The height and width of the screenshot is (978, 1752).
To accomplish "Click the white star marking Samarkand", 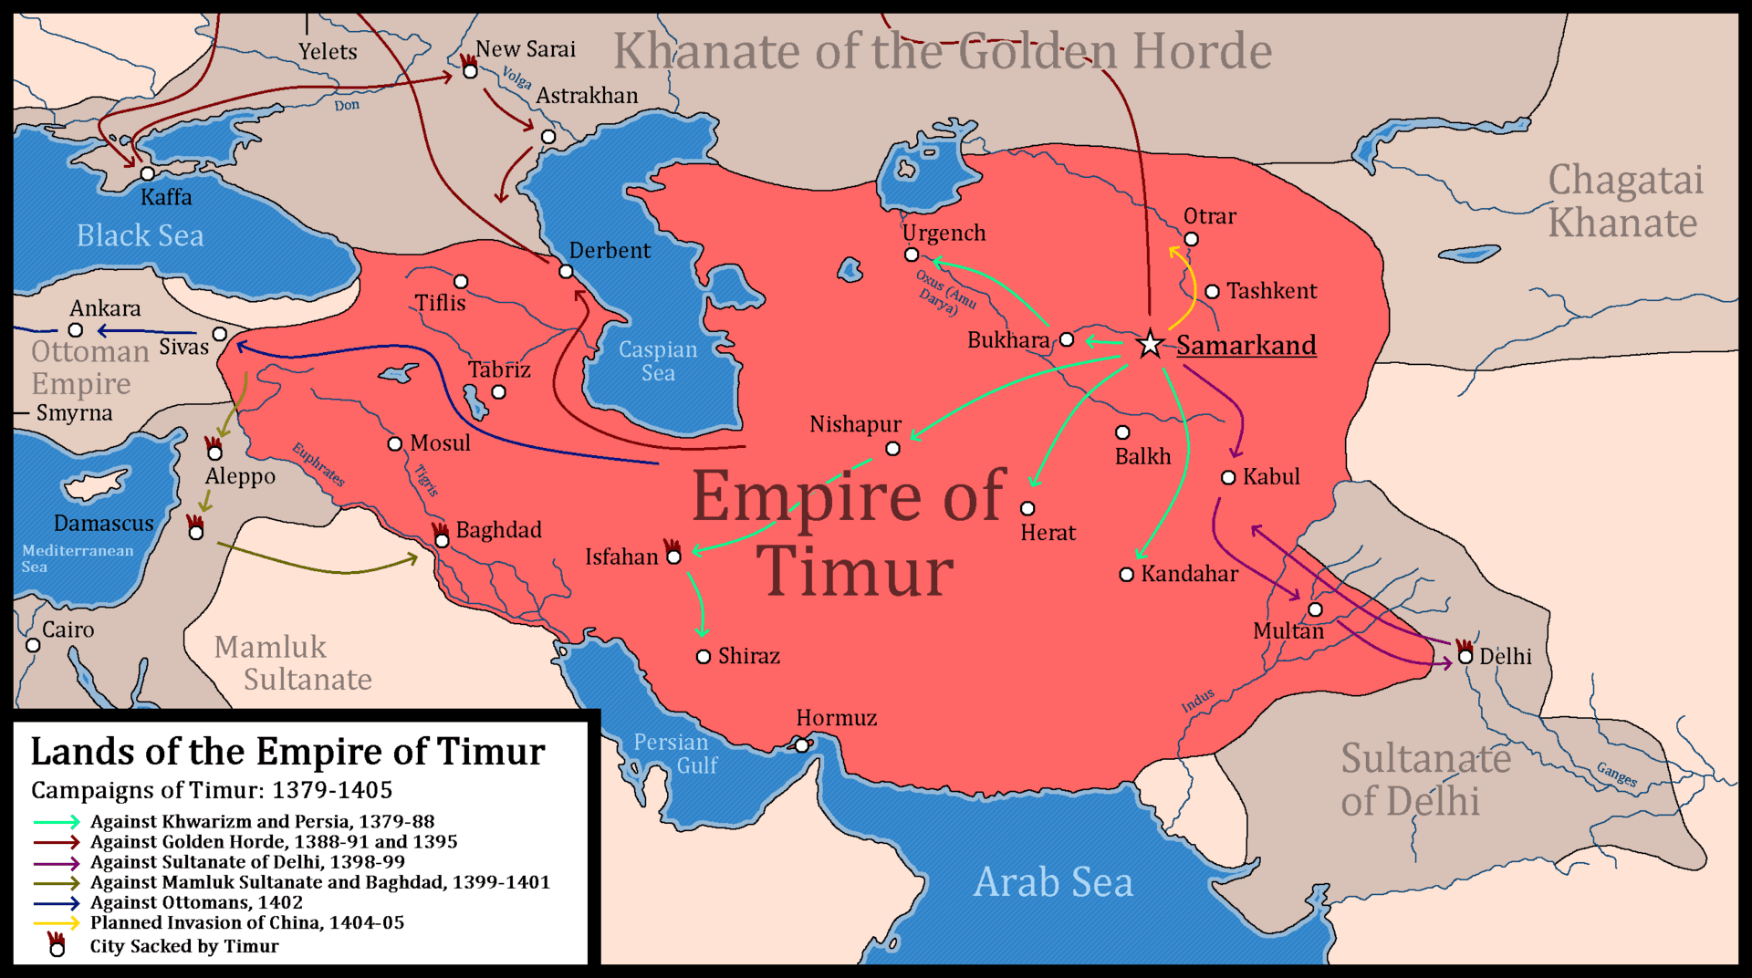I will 1150,344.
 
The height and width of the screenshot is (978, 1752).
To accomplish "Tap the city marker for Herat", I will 1027,508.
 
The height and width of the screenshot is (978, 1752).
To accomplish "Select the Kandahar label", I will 1189,574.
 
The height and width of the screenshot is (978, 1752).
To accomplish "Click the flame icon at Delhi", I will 1464,645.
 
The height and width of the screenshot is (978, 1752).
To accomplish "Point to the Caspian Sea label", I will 658,361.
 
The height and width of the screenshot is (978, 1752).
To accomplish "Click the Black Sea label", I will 140,235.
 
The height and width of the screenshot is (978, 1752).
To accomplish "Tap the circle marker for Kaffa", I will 147,173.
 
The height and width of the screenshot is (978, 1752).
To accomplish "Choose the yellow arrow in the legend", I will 57,922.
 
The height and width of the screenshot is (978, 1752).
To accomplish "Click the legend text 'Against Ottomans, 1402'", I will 196,902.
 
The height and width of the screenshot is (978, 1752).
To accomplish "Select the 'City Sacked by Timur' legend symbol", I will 57,945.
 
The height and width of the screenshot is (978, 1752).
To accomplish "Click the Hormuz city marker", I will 801,745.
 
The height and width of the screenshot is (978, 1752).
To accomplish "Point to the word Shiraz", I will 748,656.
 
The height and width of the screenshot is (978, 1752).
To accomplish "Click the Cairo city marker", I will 33,645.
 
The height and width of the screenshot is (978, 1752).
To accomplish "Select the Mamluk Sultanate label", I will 292,663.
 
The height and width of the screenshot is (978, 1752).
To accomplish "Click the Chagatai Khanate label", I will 1624,202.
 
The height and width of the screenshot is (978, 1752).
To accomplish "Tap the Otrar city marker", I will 1191,239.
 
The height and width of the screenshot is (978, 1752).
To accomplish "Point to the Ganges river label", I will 1616,775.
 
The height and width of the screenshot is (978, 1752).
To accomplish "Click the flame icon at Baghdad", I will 440,529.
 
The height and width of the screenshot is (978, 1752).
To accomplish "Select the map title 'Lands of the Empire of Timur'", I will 287,752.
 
